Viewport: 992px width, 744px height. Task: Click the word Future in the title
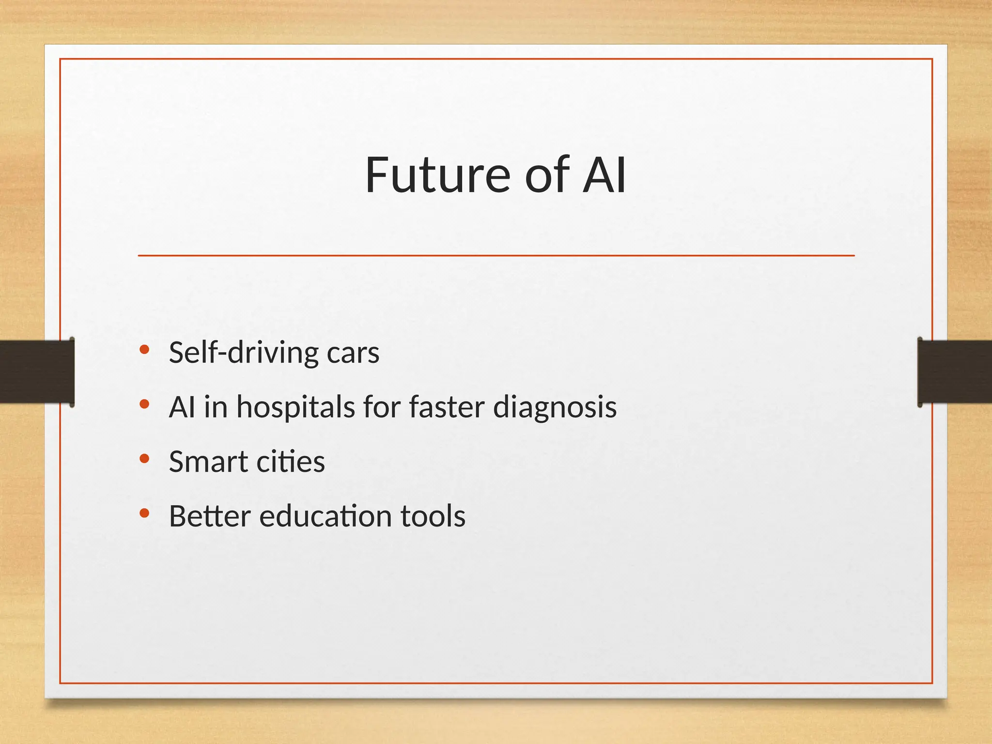click(x=438, y=175)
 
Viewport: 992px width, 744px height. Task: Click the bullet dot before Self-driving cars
click(x=144, y=349)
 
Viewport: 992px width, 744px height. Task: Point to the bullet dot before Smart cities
click(x=144, y=458)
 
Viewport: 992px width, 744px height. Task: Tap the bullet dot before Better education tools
click(x=144, y=513)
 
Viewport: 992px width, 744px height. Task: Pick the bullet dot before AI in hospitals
click(x=144, y=404)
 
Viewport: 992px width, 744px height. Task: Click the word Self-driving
click(x=243, y=353)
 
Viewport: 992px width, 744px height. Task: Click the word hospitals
click(x=295, y=407)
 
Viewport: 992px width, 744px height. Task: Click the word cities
click(x=290, y=462)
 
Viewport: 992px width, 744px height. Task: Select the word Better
click(x=210, y=516)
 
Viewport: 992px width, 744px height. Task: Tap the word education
click(x=325, y=516)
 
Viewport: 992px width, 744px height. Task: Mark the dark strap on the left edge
click(x=37, y=372)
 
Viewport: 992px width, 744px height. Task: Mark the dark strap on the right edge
click(x=955, y=372)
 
